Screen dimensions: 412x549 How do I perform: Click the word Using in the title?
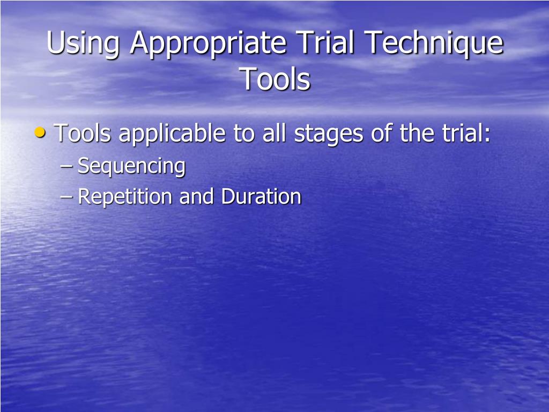[83, 45]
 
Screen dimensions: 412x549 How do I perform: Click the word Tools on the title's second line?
[274, 79]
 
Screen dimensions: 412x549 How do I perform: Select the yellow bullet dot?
[40, 132]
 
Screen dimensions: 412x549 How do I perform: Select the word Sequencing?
[131, 167]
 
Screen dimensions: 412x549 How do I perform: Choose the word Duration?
[261, 197]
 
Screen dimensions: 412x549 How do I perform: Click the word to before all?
[244, 133]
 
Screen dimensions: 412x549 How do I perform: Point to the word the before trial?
[417, 133]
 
